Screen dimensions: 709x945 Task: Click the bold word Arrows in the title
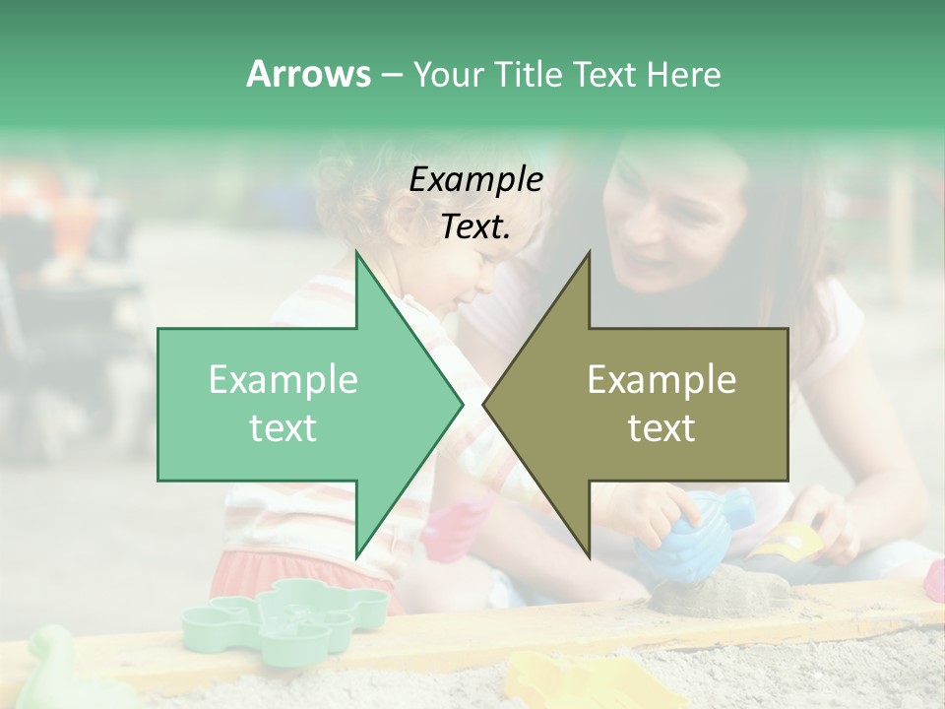(309, 74)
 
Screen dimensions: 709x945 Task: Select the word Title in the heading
(528, 75)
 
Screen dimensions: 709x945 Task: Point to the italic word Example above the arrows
(475, 179)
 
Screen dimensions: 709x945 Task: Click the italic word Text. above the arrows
(475, 226)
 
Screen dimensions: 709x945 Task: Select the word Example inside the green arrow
(283, 380)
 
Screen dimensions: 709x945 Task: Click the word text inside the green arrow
(283, 428)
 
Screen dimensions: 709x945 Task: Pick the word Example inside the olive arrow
(661, 380)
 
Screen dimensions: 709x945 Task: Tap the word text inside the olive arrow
(661, 428)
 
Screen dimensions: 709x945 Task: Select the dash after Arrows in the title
(391, 75)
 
